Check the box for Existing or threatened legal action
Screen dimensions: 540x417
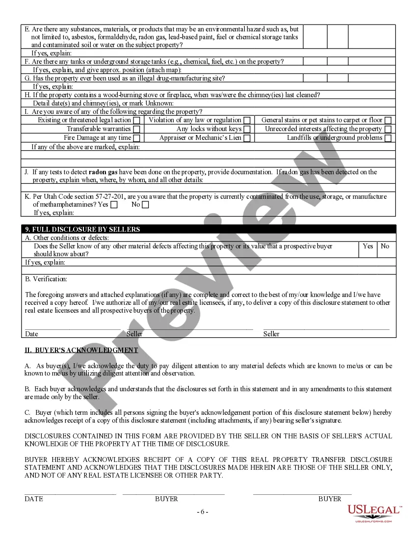point(136,120)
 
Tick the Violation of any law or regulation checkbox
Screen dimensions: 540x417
point(247,120)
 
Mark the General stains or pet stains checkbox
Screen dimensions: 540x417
point(388,120)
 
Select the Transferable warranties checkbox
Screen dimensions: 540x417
point(136,129)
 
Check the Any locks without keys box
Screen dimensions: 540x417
point(247,129)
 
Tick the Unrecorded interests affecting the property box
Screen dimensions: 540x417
point(388,129)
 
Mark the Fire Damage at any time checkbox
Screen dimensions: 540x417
point(136,138)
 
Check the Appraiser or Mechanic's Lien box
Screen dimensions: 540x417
point(247,138)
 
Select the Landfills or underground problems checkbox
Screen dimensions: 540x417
point(388,138)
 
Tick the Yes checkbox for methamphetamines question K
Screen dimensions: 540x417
point(114,205)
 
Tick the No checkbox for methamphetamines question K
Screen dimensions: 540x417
point(145,205)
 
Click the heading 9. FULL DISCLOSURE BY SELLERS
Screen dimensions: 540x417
point(82,229)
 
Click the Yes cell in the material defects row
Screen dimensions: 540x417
point(368,246)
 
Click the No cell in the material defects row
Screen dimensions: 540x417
point(385,246)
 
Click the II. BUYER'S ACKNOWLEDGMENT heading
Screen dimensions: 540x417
point(81,350)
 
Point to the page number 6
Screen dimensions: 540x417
point(203,512)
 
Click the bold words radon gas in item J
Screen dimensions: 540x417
point(103,172)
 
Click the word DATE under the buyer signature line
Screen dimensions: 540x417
point(34,499)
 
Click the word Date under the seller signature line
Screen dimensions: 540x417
point(31,334)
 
